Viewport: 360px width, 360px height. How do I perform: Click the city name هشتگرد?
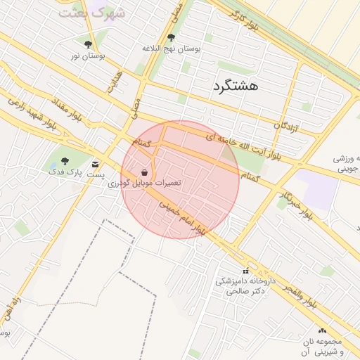pos(234,86)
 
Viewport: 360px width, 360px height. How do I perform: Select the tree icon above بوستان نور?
pos(88,44)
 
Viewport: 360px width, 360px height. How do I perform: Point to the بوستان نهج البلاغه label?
pos(172,49)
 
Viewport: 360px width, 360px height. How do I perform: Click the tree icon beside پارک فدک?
pos(65,161)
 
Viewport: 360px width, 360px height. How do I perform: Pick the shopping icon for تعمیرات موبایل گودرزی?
pos(145,172)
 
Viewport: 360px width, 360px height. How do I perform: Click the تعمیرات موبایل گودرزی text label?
pos(145,183)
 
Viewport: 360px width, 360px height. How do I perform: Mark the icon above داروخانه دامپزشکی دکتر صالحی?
pos(245,271)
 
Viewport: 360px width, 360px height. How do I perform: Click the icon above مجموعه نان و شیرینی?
pos(322,330)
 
